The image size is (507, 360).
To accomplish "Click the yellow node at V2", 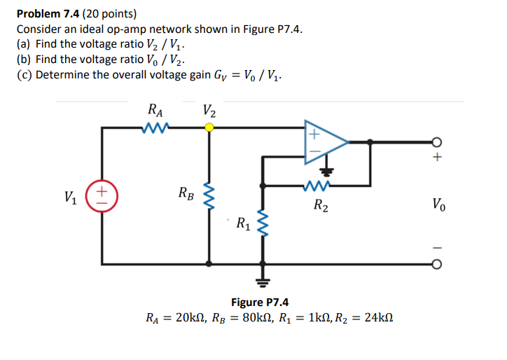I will click(x=209, y=127).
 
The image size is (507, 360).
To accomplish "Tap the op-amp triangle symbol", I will click(x=324, y=142).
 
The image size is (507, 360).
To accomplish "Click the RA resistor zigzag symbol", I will click(x=152, y=127).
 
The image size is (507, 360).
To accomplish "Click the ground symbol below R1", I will click(x=263, y=282).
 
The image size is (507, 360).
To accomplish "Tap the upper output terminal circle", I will click(x=437, y=141).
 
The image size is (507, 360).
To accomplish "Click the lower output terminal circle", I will click(x=437, y=265).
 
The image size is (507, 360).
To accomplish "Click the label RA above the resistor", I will click(x=155, y=110).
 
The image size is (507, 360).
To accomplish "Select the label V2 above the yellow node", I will click(x=209, y=110).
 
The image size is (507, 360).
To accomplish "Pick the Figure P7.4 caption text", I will click(x=260, y=303).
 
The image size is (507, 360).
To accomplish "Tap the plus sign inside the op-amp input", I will click(x=314, y=133).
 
